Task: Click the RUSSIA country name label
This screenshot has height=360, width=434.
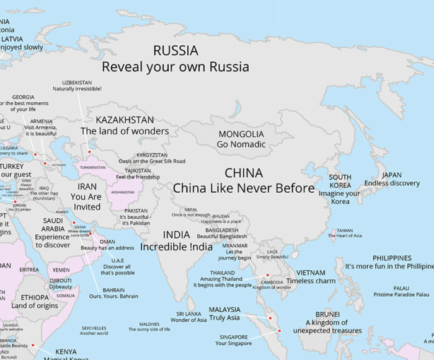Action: click(x=175, y=51)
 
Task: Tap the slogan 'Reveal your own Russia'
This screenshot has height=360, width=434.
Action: click(x=175, y=66)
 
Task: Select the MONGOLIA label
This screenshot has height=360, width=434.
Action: click(x=241, y=134)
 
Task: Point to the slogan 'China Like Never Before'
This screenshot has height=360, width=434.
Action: click(x=244, y=188)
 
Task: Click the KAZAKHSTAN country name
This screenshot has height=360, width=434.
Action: click(x=125, y=120)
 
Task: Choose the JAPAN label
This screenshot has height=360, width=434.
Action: click(x=392, y=175)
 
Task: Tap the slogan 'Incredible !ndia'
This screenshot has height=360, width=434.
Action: click(x=176, y=247)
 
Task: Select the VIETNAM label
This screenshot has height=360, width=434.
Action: click(x=311, y=273)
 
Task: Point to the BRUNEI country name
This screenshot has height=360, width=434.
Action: click(x=327, y=314)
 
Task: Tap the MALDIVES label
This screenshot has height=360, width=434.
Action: click(x=149, y=323)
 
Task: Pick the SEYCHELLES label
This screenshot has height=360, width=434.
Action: click(x=94, y=328)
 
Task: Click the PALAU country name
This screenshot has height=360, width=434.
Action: click(x=401, y=288)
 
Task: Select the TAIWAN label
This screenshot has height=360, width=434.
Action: click(x=345, y=230)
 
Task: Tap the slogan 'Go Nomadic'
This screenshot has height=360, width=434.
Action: click(x=241, y=144)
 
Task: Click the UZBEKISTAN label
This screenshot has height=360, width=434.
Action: click(x=78, y=82)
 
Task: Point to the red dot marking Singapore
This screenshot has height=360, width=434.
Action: click(x=280, y=331)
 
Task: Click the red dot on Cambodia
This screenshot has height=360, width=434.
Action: click(x=268, y=274)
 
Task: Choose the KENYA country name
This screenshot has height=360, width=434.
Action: click(x=66, y=352)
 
